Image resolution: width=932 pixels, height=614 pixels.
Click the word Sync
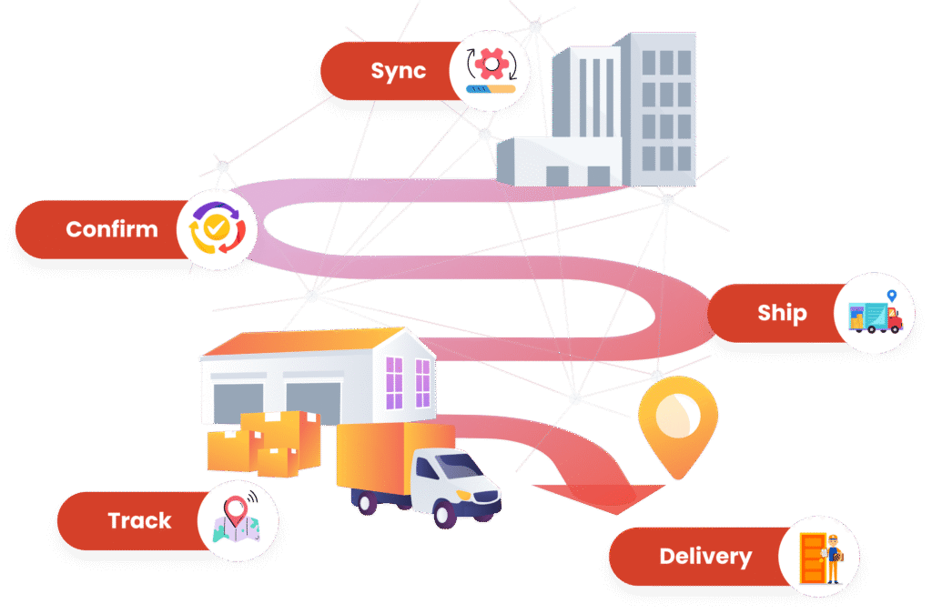click(399, 71)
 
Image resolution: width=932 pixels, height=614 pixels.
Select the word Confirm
click(112, 229)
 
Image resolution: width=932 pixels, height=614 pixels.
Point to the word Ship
click(782, 314)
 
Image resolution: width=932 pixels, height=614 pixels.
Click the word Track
click(139, 521)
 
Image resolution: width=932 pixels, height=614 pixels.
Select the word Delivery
click(705, 557)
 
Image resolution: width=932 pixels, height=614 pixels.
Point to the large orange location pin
click(677, 423)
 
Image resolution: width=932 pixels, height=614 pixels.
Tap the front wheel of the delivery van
click(446, 513)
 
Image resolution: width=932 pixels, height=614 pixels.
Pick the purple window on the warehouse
click(394, 381)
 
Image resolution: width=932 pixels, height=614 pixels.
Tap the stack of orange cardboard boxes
click(264, 444)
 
